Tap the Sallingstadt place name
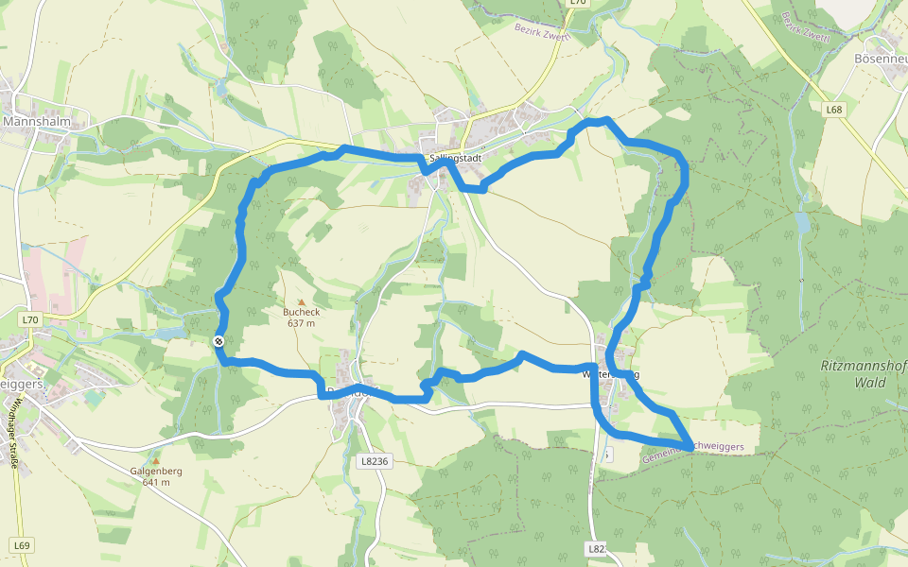click(455, 158)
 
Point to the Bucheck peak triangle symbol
click(302, 301)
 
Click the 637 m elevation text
click(302, 323)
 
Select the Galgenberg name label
click(156, 471)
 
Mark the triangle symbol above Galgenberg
click(157, 459)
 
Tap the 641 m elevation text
click(156, 482)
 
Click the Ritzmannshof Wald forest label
click(856, 374)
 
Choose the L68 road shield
click(833, 110)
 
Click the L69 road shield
click(23, 545)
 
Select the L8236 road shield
click(375, 462)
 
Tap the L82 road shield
click(595, 548)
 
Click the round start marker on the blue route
click(218, 341)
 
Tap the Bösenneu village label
click(880, 58)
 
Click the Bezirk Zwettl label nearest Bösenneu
click(805, 27)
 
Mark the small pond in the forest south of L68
click(804, 224)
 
